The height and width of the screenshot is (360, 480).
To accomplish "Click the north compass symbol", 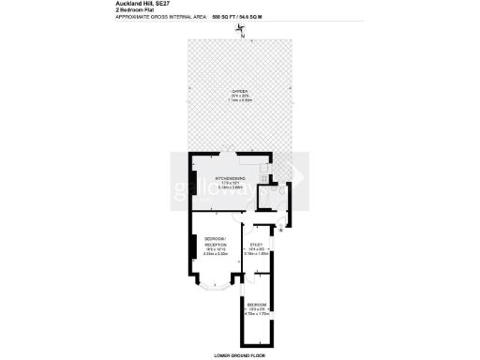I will coord(241,30).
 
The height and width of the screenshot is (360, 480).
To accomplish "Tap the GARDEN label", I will coord(240,91).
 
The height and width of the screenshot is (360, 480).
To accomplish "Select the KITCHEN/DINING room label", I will coord(231,178).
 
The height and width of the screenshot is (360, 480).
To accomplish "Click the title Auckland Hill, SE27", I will coord(145,4).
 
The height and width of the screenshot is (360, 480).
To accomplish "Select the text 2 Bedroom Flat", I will coord(135,10).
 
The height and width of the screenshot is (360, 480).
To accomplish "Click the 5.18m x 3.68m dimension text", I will coord(231,187).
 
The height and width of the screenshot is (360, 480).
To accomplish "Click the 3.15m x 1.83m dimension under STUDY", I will coord(256,253).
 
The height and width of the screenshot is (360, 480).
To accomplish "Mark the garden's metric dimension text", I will coord(240,100).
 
